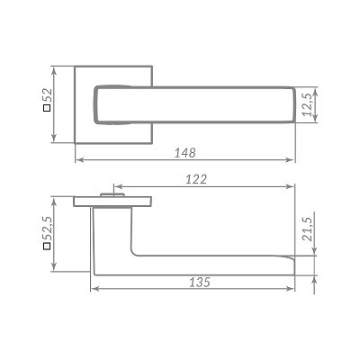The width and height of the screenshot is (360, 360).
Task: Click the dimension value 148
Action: pos(185,153)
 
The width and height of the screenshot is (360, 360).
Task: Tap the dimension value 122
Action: pos(196,179)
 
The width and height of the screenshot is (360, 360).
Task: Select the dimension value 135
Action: pos(200,282)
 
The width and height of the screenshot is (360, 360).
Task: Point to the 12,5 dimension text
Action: pos(308,104)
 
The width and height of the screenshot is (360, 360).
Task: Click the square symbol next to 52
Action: pos(47,109)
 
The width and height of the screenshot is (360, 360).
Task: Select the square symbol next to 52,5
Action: pos(47,247)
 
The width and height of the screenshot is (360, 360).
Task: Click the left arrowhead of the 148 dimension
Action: pos(79,160)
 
